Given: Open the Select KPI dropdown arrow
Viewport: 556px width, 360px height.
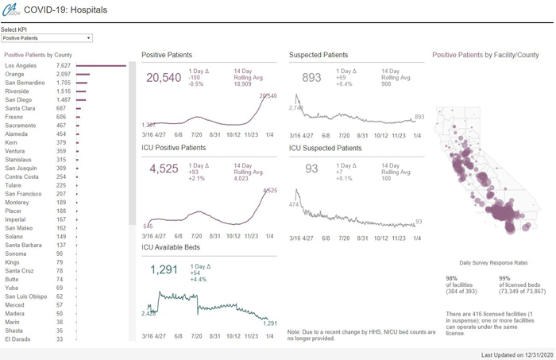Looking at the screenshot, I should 88,38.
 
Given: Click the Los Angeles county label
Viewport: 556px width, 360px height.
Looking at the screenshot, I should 21,66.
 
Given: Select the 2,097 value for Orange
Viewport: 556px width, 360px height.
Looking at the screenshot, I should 64,75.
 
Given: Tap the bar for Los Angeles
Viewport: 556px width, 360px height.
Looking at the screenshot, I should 101,66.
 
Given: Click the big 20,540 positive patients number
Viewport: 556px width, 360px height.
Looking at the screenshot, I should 164,78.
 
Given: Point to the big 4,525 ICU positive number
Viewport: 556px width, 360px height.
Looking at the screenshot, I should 164,168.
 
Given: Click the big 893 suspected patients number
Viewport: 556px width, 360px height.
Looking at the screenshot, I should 311,78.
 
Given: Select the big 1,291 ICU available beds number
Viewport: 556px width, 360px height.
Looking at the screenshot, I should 164,269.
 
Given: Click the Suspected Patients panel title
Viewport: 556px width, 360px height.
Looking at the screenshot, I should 318,55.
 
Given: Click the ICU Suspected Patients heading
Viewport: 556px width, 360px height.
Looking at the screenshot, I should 325,148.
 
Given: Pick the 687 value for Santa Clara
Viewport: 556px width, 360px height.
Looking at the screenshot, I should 61,109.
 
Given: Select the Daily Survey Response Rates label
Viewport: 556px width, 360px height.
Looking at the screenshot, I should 493,262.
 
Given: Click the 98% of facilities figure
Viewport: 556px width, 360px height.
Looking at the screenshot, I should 451,278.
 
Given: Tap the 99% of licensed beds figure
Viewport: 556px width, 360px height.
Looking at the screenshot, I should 504,278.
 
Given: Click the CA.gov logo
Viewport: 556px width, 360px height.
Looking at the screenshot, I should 10,10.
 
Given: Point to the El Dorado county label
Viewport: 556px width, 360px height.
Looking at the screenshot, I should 18,339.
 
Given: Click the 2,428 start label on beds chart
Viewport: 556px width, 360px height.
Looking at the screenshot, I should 149,313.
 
